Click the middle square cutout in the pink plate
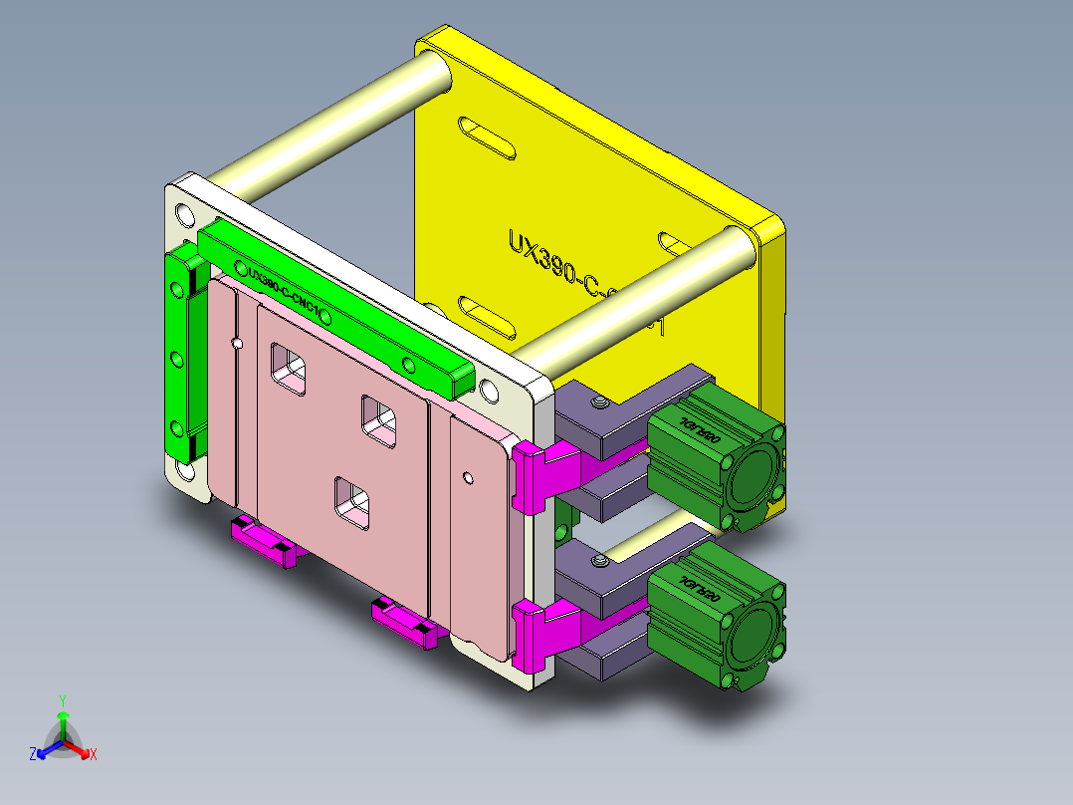pyautogui.click(x=379, y=418)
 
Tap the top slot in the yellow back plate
pyautogui.click(x=487, y=139)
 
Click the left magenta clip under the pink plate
pyautogui.click(x=265, y=544)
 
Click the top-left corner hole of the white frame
pyautogui.click(x=185, y=214)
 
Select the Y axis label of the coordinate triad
pyautogui.click(x=62, y=700)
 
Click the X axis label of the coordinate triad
pyautogui.click(x=94, y=754)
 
